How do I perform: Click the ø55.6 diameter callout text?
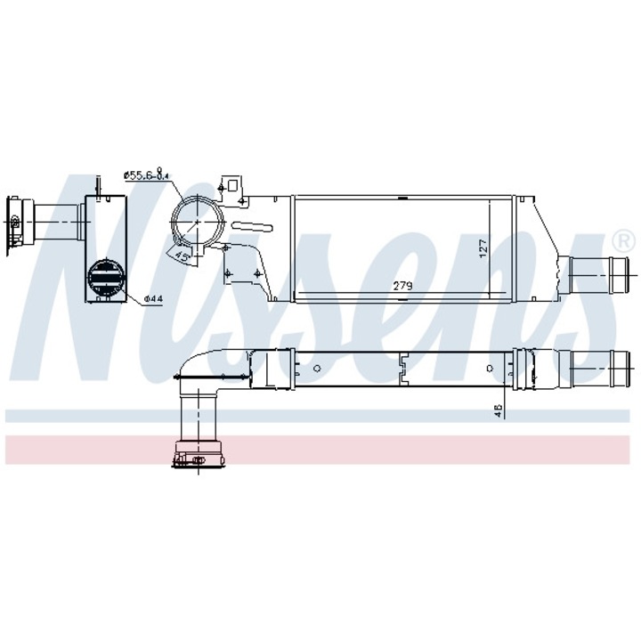pyautogui.click(x=146, y=175)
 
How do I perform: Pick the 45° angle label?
pyautogui.click(x=182, y=256)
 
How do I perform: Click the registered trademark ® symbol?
pyautogui.click(x=623, y=240)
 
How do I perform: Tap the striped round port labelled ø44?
pyautogui.click(x=106, y=275)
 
